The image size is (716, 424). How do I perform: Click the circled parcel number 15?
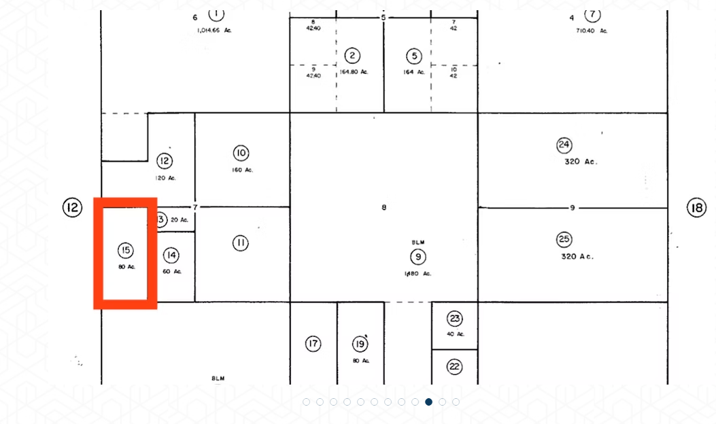125,250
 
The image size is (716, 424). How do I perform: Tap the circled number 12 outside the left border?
72,207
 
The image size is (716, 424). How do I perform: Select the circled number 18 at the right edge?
696,208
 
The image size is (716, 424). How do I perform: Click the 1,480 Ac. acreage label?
417,273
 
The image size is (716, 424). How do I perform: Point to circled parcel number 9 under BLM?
417,257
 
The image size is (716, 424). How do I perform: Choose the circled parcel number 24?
564,145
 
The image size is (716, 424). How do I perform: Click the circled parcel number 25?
564,239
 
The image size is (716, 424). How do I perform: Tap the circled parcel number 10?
241,153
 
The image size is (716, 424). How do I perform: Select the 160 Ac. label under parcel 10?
241,170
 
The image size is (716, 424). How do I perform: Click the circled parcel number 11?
241,243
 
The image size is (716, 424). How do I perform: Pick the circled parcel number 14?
171,255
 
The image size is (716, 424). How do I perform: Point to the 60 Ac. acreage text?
172,271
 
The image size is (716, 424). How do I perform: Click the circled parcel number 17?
313,344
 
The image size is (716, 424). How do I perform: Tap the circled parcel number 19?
360,344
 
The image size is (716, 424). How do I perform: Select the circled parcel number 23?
455,318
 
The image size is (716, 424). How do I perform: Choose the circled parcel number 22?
455,367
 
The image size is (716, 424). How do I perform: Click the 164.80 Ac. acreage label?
354,72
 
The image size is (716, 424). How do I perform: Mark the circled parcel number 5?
414,56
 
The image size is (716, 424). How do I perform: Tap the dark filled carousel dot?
428,402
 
